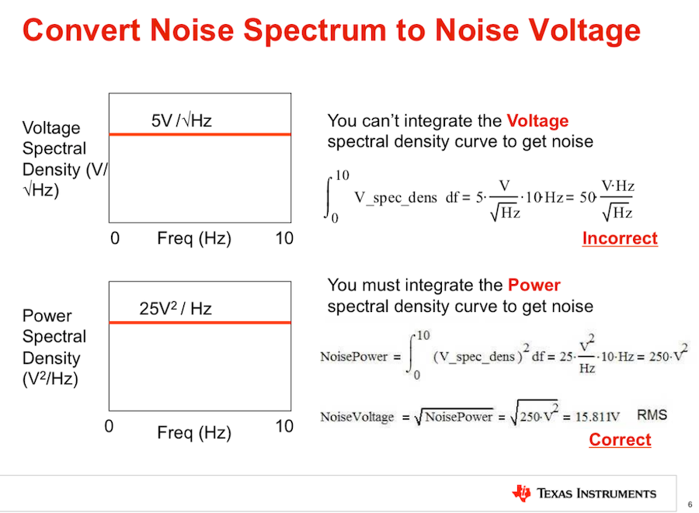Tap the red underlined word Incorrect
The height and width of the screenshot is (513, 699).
tap(620, 238)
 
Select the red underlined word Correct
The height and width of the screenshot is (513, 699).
tap(620, 440)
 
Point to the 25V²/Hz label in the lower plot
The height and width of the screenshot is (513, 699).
tap(176, 309)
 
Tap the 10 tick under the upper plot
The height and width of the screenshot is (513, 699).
tap(285, 238)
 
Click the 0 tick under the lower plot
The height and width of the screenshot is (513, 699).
tap(109, 426)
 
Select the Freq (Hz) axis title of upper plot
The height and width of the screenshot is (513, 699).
tap(194, 238)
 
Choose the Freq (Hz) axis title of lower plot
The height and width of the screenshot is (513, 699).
tap(194, 432)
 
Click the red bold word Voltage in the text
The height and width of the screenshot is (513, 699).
tap(537, 121)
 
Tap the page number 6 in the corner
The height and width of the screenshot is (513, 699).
tap(689, 504)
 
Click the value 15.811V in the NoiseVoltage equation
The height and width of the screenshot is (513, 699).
tap(598, 417)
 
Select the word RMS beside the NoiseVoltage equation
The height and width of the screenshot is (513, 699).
tap(652, 415)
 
